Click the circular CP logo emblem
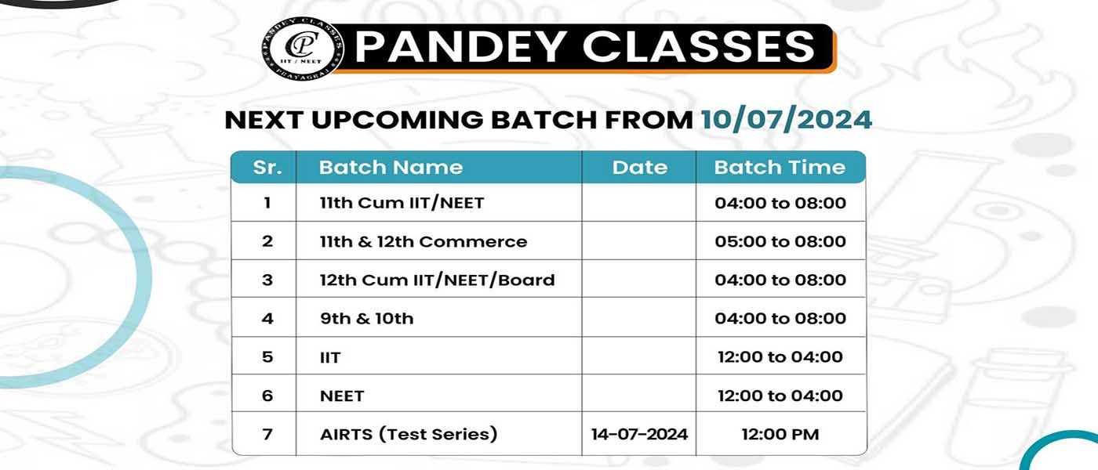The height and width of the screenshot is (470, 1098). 303,49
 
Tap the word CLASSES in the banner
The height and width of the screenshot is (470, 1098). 699,47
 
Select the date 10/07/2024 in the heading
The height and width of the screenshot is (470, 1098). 786,120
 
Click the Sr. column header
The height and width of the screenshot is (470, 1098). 267,168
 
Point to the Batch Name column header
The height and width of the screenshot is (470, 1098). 391,168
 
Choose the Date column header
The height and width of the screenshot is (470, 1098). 640,168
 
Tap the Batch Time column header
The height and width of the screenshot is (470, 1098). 780,168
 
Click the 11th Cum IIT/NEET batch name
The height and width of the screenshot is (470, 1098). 402,203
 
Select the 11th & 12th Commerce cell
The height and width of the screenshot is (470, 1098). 424,241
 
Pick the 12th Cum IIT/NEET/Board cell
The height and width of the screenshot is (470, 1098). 438,280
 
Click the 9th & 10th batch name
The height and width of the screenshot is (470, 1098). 367,319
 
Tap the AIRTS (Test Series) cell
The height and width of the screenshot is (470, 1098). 409,434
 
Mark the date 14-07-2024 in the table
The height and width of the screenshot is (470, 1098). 640,434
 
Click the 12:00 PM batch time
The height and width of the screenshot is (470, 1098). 780,434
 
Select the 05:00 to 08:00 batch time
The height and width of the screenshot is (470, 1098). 780,241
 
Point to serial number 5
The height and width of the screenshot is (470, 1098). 267,357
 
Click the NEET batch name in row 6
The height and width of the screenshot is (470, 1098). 342,396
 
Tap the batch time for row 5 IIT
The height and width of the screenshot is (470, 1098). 780,357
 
